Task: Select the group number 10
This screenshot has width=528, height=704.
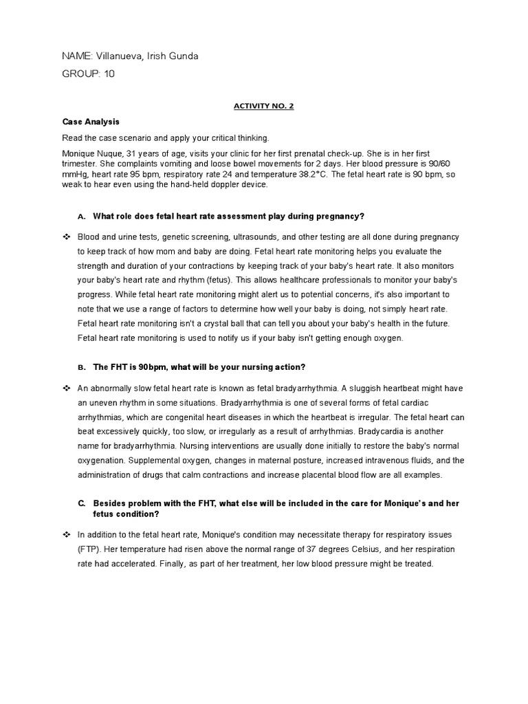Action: tap(109, 74)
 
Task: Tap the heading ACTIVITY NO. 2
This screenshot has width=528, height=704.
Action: tap(264, 107)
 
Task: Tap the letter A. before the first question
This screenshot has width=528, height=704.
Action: tap(81, 217)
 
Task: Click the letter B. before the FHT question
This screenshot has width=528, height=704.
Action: tap(81, 368)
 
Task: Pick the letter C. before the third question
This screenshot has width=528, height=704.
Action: tap(81, 504)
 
